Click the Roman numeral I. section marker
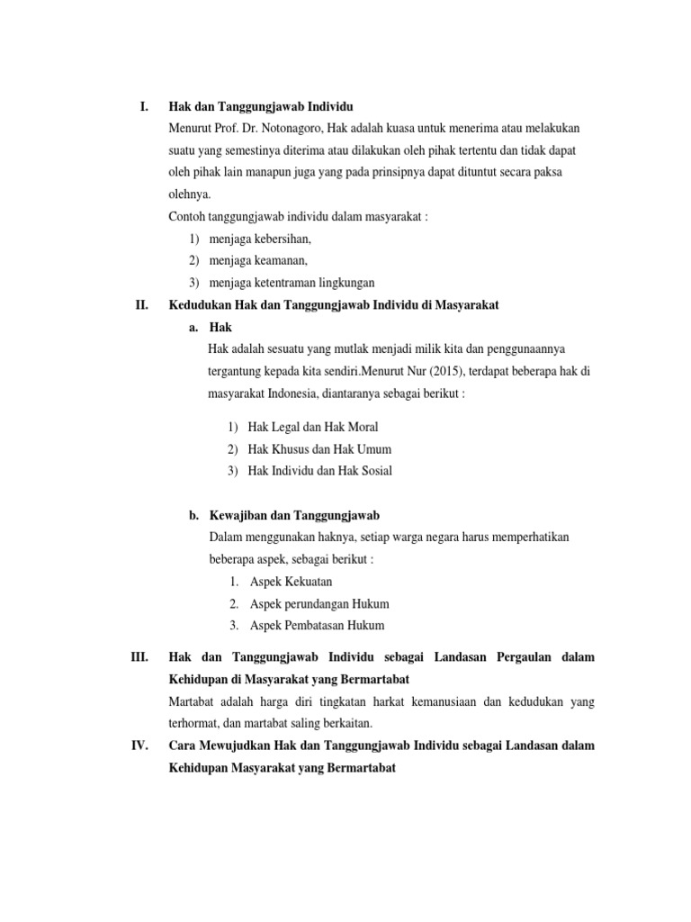[x=143, y=107]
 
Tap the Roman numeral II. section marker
[x=140, y=305]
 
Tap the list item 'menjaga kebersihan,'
[x=260, y=240]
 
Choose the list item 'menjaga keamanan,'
[x=258, y=261]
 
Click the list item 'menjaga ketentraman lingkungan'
[x=292, y=283]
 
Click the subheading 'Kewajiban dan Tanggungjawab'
[x=295, y=516]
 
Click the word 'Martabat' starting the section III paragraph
[x=193, y=701]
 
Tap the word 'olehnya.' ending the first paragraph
[x=191, y=193]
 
